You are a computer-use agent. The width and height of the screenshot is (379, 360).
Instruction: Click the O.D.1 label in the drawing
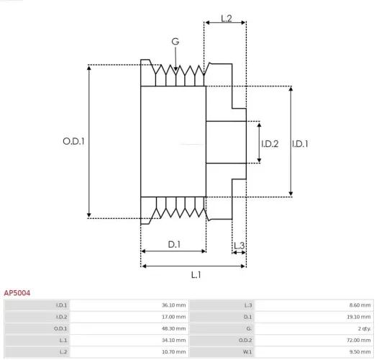tap(73, 142)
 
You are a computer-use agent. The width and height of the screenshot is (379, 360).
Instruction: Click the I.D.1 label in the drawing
tap(300, 143)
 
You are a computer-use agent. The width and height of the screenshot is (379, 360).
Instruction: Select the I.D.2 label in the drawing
tap(269, 143)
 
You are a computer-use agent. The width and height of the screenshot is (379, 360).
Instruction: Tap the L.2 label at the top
tap(225, 18)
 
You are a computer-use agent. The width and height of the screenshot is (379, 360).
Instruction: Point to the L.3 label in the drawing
tap(239, 246)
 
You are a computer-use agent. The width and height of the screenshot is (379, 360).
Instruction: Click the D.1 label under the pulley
tap(174, 245)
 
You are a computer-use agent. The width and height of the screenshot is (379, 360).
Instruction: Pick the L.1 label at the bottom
tap(196, 274)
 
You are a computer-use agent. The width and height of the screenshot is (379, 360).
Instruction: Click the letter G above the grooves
tap(175, 42)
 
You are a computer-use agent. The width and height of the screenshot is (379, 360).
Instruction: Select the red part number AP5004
tap(17, 293)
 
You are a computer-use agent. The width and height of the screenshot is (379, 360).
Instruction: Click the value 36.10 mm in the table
tap(173, 305)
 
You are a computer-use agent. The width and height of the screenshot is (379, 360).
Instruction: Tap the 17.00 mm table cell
tap(173, 317)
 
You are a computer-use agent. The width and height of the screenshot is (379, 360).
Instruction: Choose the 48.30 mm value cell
tap(173, 328)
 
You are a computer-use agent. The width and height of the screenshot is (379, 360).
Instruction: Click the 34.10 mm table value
tap(173, 340)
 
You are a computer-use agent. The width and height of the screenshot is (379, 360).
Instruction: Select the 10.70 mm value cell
tap(173, 351)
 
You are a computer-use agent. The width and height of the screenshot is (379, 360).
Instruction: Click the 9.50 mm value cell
tap(360, 351)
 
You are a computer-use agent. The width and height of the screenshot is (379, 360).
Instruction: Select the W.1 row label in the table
tap(247, 351)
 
